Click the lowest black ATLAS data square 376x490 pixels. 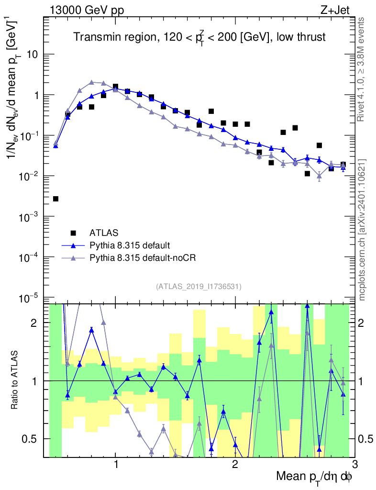55,199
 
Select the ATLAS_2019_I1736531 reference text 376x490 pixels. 199,287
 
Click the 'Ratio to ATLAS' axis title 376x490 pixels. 16,380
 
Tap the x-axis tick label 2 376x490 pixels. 235,464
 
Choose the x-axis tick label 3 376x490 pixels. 354,464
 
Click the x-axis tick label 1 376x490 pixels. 116,464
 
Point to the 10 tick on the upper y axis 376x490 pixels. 33,54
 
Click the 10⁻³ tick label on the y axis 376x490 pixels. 30,217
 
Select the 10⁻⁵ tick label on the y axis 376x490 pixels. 30,298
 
